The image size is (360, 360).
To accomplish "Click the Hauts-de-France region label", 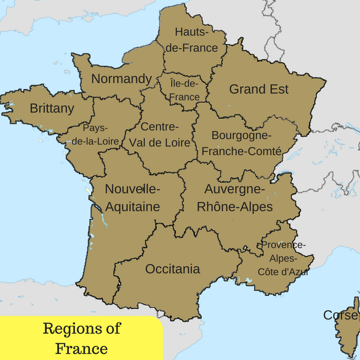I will (196, 39).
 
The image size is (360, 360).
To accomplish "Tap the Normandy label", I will (121, 79).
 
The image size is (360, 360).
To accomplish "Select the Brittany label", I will (52, 109).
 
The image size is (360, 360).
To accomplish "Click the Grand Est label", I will (258, 89).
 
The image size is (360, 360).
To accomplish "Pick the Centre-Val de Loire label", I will (159, 135).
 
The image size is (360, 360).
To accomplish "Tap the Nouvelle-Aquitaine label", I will (132, 198).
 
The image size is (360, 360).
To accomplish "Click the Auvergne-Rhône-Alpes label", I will (234, 198).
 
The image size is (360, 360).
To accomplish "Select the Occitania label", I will (172, 269).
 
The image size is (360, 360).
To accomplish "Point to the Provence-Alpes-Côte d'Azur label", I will (284, 258).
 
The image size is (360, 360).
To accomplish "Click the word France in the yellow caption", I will (81, 349).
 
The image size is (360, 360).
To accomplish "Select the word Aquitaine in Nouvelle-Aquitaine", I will (132, 207).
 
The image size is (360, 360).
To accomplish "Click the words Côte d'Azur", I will (284, 271).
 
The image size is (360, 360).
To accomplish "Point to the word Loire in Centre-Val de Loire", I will (174, 143).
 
